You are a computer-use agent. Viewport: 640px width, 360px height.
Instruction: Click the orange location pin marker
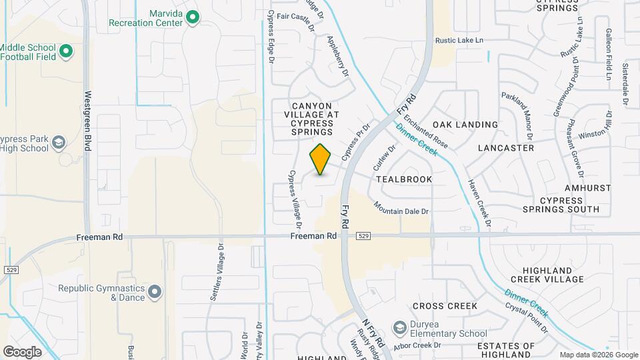tap(321, 159)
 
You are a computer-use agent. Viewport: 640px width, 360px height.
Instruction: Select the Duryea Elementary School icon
tap(399, 327)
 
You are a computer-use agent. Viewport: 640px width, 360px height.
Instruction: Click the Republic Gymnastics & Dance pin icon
tap(155, 292)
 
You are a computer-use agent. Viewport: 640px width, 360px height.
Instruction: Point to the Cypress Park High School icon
tap(58, 143)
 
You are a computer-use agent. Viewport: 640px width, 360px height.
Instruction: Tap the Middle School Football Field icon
tap(65, 51)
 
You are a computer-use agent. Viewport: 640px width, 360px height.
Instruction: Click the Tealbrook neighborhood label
tap(403, 179)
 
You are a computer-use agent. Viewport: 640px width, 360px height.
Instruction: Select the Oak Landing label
tap(465, 125)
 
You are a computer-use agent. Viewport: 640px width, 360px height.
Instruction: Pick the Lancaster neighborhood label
tap(506, 147)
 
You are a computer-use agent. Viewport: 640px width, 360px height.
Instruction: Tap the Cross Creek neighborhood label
tap(445, 306)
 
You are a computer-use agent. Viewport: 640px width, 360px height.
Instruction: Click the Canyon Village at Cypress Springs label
tap(315, 119)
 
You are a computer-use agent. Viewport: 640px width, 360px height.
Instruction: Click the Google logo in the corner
tap(23, 351)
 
